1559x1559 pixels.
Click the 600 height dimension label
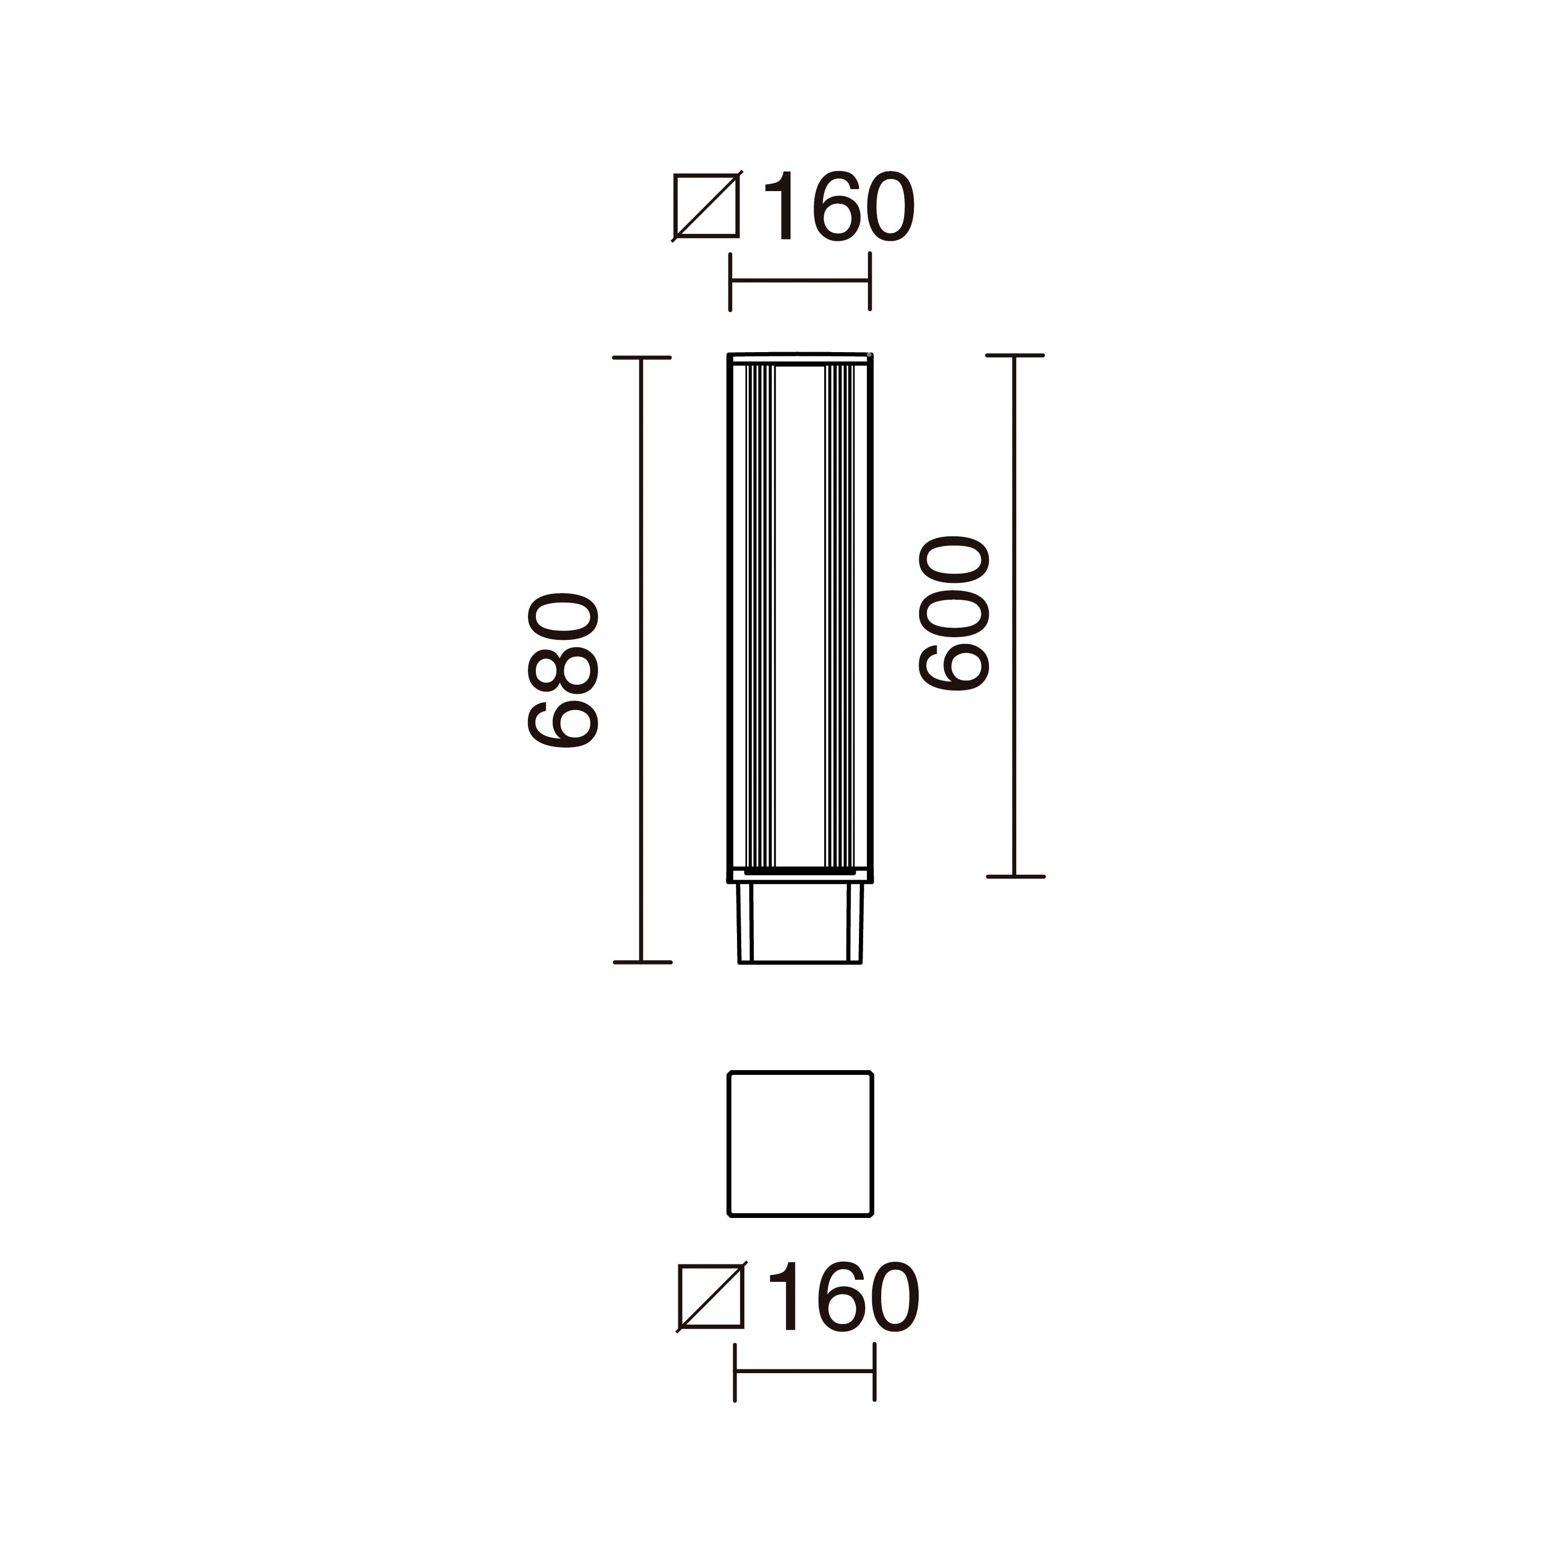click(x=954, y=613)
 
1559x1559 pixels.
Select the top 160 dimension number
click(x=838, y=206)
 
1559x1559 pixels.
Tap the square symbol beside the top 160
click(x=706, y=206)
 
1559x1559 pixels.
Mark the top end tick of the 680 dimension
click(x=641, y=357)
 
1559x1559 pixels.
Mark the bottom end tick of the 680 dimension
click(x=641, y=962)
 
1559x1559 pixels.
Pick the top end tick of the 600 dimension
click(x=1014, y=355)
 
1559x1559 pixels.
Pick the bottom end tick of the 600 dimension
click(x=1014, y=876)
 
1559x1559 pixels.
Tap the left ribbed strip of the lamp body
click(x=759, y=617)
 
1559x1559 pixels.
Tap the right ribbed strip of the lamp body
click(x=839, y=617)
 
